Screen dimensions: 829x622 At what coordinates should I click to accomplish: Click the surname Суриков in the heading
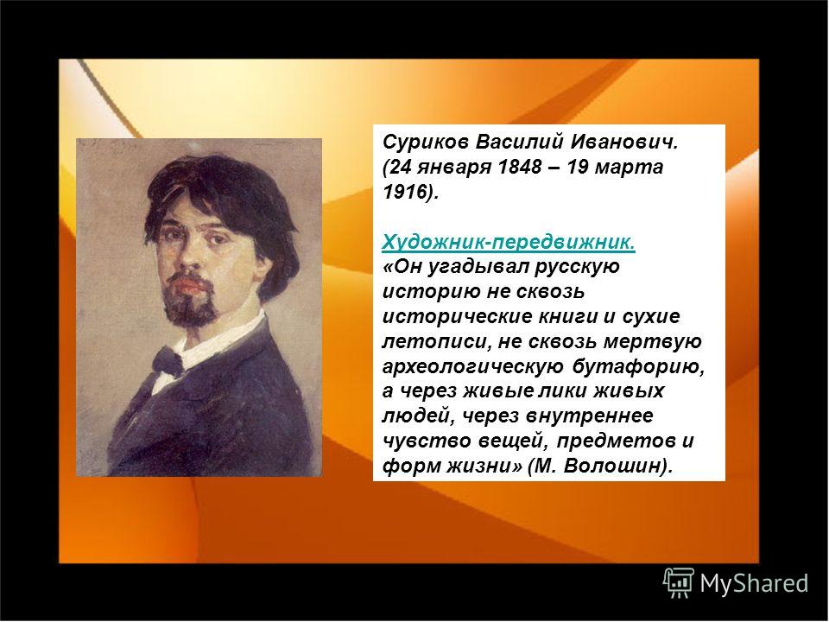[x=425, y=143]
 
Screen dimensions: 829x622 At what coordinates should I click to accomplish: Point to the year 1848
[x=520, y=167]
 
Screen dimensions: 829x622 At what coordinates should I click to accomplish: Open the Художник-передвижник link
[x=508, y=242]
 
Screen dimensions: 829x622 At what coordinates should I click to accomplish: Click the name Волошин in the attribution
[x=613, y=466]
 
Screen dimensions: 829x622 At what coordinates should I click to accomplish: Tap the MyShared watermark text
[x=755, y=583]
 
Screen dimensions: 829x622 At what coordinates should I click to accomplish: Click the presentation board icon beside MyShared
[x=679, y=582]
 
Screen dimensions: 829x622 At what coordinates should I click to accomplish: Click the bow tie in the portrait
[x=168, y=361]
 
